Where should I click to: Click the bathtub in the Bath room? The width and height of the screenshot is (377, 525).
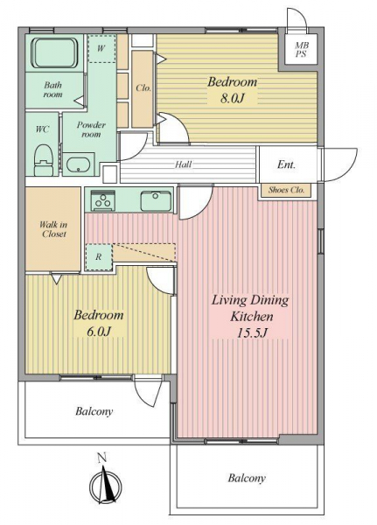point(54,52)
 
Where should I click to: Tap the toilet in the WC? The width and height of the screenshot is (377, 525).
point(44,160)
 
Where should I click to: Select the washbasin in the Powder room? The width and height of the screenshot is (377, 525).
point(79,164)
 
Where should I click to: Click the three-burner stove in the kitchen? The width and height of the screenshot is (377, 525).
point(103,200)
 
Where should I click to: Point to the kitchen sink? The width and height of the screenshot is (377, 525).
point(156,200)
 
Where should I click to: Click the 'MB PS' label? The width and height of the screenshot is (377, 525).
point(301,49)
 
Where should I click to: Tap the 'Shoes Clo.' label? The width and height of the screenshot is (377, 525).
point(286,190)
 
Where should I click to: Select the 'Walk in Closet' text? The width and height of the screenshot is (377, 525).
point(53,229)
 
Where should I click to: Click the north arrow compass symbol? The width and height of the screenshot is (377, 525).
point(106,482)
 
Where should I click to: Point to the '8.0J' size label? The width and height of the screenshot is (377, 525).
point(232,98)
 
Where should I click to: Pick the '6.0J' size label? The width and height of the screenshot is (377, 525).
point(99,331)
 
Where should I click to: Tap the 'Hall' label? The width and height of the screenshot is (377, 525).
point(184,164)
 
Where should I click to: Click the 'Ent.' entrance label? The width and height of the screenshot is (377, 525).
point(286,164)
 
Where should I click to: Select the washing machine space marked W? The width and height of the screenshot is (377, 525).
point(101,48)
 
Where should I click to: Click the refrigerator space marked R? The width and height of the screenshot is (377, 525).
point(99,256)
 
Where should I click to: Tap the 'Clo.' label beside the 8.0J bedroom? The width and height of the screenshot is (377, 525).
point(143,88)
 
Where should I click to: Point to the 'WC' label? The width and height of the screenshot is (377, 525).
point(43,129)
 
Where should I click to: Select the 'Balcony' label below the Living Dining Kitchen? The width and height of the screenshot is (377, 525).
point(247,478)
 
